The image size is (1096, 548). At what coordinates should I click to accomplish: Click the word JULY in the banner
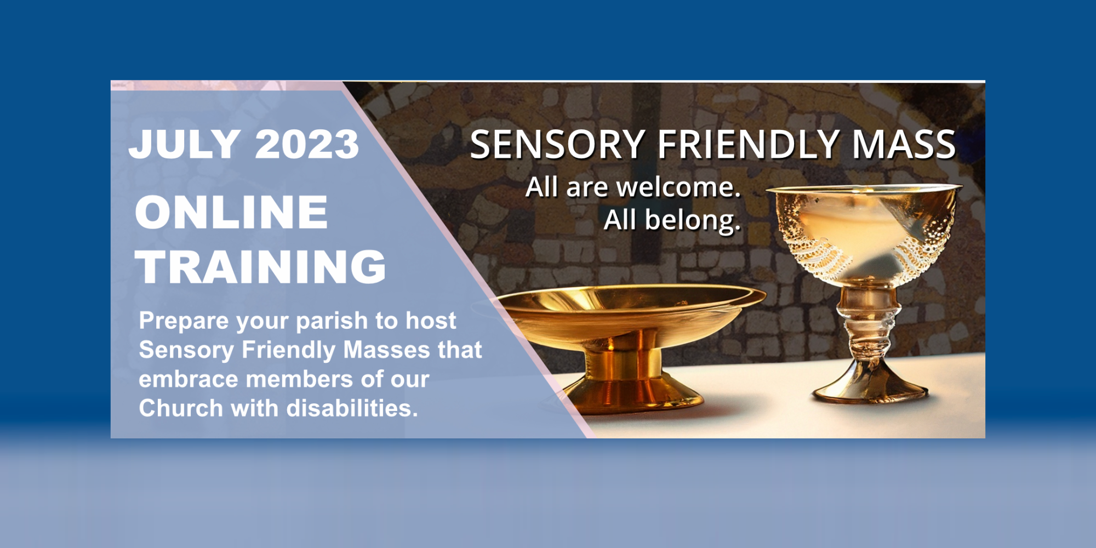184,145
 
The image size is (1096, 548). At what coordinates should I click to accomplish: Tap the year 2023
307,145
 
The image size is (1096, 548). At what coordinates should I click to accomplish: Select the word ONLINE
231,212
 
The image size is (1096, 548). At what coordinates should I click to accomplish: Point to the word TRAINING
261,267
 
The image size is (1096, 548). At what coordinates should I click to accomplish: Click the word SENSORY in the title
557,145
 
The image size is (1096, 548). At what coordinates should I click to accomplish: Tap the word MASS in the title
904,145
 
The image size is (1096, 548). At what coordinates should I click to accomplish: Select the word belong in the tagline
693,221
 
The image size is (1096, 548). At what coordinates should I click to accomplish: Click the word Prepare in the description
184,322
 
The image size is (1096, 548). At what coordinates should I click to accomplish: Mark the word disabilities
352,408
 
